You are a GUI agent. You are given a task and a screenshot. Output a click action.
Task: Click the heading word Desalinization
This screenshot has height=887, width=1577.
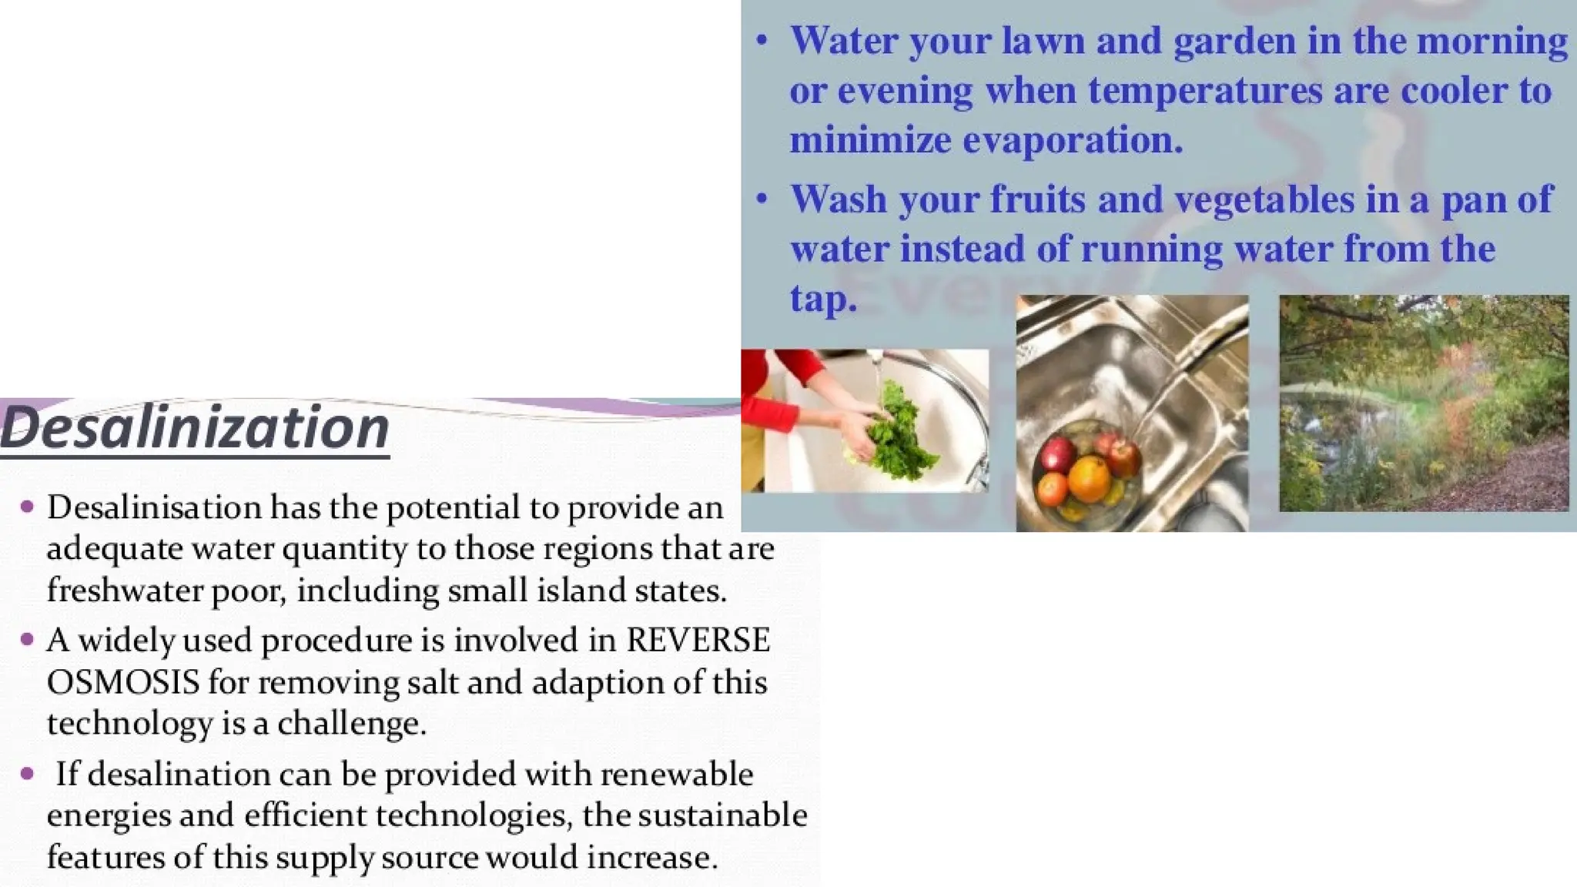[195, 428]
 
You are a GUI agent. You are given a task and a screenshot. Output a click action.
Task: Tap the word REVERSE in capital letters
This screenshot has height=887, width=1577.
[698, 641]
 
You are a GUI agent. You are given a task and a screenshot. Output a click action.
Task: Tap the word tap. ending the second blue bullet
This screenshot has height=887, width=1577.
[822, 298]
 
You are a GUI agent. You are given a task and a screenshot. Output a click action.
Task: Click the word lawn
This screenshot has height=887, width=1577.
[1043, 41]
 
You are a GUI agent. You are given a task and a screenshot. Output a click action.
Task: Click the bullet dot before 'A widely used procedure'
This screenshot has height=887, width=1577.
[28, 639]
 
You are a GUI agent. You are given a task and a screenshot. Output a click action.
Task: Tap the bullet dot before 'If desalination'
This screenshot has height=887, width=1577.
[28, 773]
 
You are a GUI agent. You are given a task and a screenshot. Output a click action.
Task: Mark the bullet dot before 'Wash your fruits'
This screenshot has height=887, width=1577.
[762, 199]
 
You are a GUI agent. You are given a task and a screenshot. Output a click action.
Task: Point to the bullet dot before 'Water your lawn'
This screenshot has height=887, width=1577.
[762, 40]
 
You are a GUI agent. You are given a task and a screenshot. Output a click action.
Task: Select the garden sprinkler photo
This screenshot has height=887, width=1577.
[1423, 403]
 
